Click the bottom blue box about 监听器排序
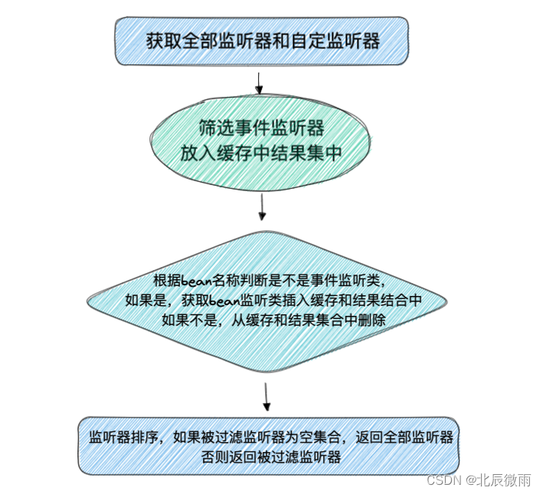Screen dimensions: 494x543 coord(267,446)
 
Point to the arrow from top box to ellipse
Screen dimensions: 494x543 coord(259,82)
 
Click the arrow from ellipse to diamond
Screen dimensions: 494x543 coord(263,206)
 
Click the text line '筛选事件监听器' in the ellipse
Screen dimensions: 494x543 coord(260,127)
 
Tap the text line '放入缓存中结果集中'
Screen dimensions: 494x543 coord(260,153)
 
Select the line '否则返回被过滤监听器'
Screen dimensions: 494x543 coord(269,457)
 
